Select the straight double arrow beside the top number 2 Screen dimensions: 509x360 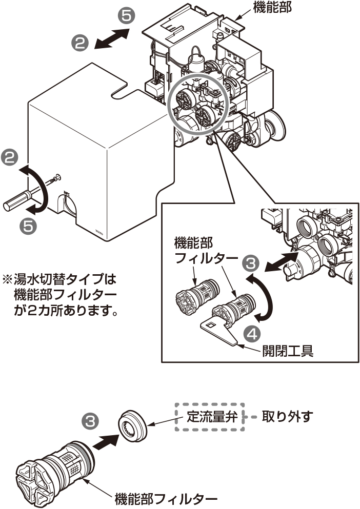111,39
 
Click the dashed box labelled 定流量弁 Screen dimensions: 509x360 208,416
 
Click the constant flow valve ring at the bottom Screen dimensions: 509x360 134,425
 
